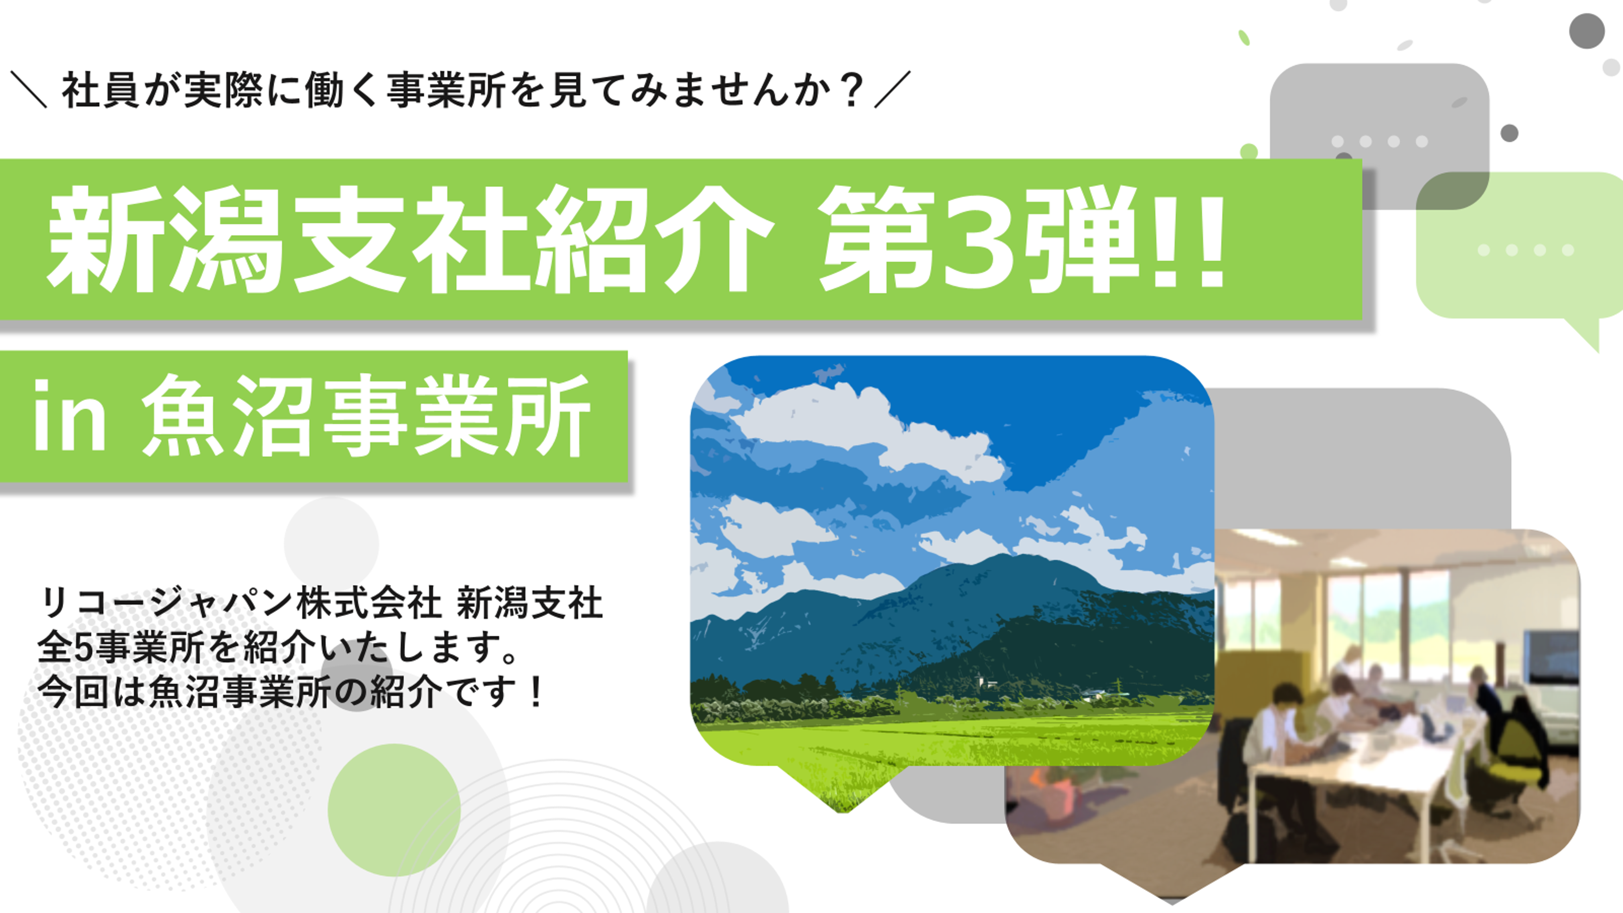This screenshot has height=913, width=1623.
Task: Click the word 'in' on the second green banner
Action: (69, 416)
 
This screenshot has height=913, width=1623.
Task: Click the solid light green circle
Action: (394, 810)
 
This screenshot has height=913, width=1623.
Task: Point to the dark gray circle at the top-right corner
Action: (1587, 30)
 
